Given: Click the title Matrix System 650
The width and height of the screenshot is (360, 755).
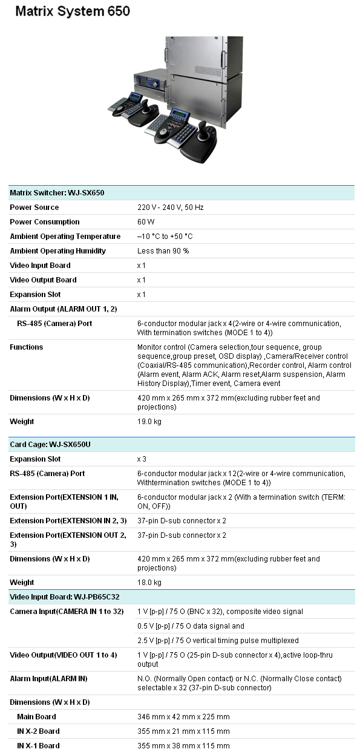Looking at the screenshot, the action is pyautogui.click(x=73, y=11).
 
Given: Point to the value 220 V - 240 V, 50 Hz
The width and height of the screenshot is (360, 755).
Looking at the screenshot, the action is pyautogui.click(x=170, y=208).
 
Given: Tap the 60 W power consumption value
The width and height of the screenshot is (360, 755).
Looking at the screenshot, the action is pyautogui.click(x=145, y=222).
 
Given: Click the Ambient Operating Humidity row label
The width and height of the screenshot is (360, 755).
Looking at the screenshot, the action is pyautogui.click(x=57, y=251).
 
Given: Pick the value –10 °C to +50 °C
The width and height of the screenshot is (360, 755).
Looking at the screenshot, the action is pyautogui.click(x=165, y=237).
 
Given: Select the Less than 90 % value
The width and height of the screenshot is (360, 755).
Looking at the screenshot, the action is pyautogui.click(x=163, y=251).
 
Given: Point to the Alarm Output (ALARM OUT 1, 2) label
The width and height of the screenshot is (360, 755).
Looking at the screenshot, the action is pyautogui.click(x=64, y=309).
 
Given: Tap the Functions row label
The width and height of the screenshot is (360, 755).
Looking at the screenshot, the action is pyautogui.click(x=27, y=347).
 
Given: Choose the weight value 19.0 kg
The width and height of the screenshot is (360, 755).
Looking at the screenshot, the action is pyautogui.click(x=149, y=422).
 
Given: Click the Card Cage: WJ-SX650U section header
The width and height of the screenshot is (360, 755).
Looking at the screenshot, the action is pyautogui.click(x=50, y=445).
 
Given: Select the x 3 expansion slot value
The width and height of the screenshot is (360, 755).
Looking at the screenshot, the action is pyautogui.click(x=142, y=459).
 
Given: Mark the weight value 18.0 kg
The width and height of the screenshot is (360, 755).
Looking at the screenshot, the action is pyautogui.click(x=149, y=583).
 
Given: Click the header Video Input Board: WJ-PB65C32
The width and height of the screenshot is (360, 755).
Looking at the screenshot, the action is pyautogui.click(x=64, y=597).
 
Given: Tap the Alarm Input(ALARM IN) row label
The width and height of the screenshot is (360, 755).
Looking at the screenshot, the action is pyautogui.click(x=48, y=679).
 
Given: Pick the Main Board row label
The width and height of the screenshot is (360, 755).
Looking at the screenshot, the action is pyautogui.click(x=36, y=717).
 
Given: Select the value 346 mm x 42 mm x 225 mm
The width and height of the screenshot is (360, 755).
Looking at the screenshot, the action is pyautogui.click(x=183, y=717).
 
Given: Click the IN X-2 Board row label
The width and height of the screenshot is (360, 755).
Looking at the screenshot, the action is pyautogui.click(x=38, y=731).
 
